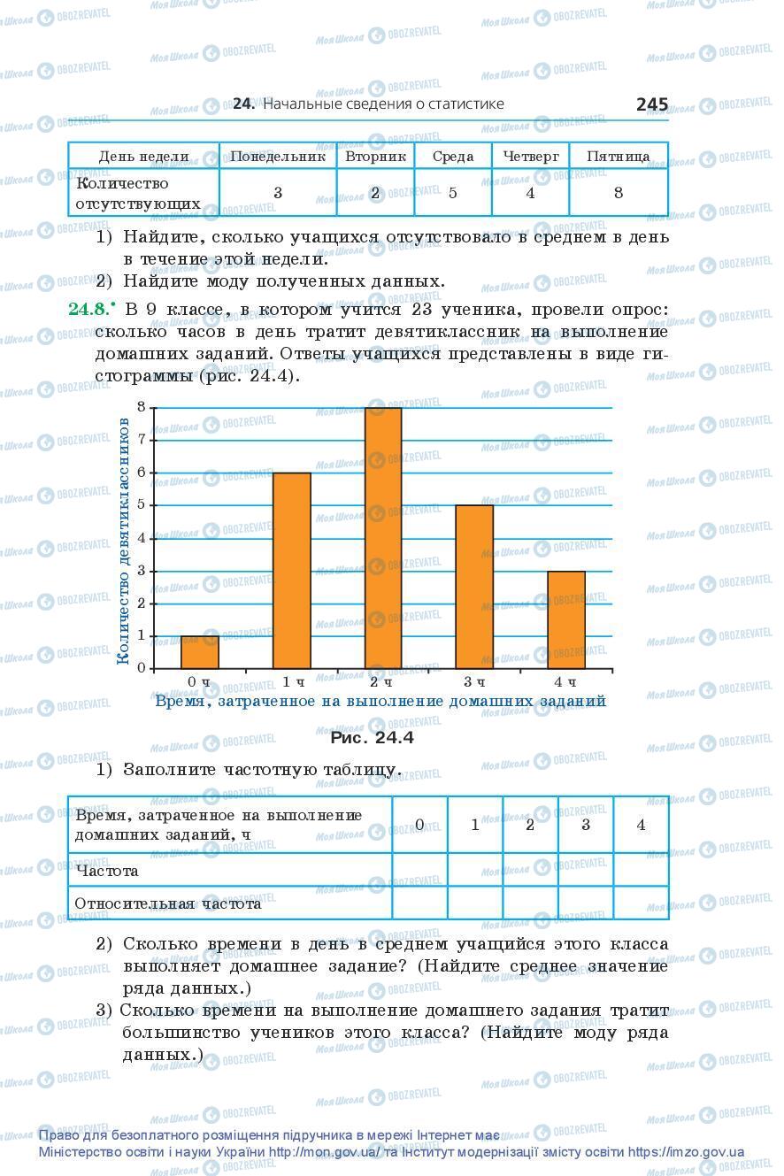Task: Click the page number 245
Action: (651, 104)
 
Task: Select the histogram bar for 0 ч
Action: (200, 652)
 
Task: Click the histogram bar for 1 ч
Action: (291, 571)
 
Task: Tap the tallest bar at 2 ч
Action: (382, 538)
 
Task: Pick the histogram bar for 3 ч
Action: (474, 587)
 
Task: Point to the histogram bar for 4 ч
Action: (565, 619)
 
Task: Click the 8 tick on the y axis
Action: (142, 407)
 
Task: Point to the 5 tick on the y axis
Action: (142, 505)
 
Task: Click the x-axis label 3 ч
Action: (474, 682)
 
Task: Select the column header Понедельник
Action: (278, 157)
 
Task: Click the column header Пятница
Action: (618, 157)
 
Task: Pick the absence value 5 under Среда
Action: (452, 193)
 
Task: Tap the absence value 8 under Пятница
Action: (618, 193)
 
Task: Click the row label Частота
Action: (108, 871)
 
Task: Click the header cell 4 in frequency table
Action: (641, 825)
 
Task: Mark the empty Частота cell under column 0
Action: (419, 871)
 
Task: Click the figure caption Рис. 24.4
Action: (372, 737)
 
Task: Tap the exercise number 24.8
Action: (88, 309)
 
